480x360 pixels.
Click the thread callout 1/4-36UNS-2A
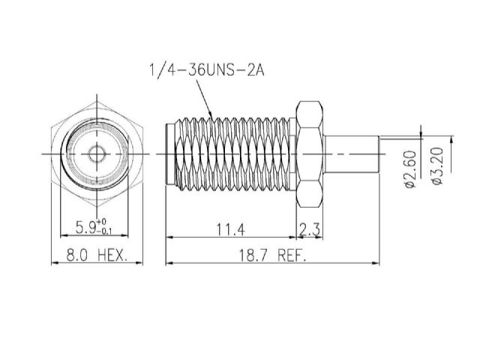[207, 70]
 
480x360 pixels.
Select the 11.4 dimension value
[231, 229]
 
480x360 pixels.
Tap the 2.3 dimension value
[309, 229]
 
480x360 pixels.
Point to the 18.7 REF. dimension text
[272, 256]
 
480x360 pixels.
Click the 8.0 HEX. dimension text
[97, 255]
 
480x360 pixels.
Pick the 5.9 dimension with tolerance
[94, 227]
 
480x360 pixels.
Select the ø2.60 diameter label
[410, 169]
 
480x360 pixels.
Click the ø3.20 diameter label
[437, 166]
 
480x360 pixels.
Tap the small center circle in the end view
[97, 154]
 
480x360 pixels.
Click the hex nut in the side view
[310, 154]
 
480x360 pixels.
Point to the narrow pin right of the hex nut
[352, 154]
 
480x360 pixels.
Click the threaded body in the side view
[232, 154]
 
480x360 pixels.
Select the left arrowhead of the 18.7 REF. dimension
[169, 262]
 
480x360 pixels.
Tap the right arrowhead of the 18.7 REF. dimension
[376, 262]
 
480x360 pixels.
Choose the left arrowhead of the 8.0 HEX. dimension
[55, 262]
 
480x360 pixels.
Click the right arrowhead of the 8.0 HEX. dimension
[139, 262]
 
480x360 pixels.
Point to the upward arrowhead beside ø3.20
[451, 140]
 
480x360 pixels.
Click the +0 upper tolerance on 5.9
[102, 222]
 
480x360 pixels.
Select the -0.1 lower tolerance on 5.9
[104, 231]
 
